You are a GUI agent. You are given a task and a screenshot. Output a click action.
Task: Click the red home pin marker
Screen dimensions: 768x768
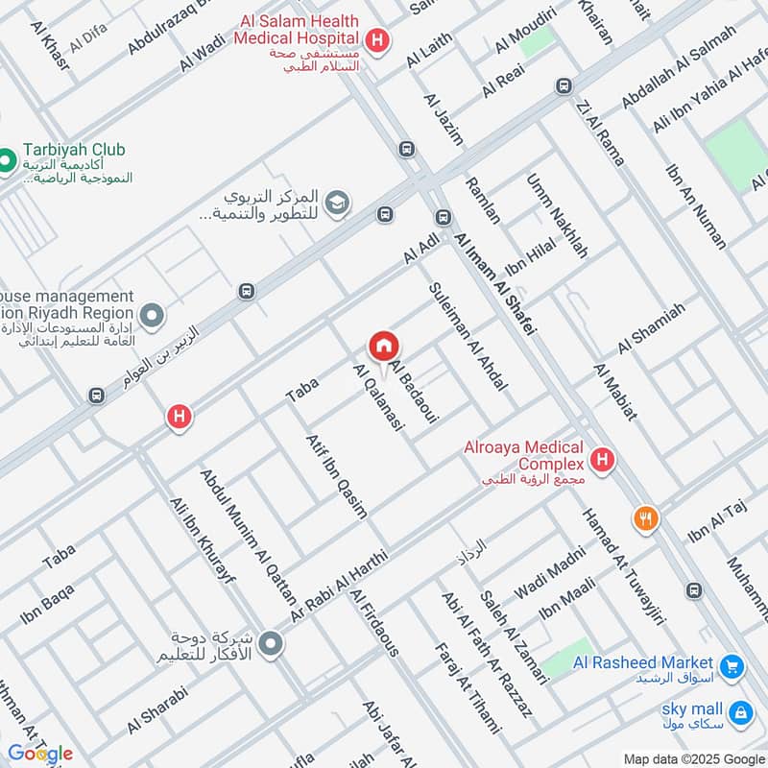(384, 347)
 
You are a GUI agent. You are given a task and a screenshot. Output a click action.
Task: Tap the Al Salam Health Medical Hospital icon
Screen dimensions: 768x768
(379, 41)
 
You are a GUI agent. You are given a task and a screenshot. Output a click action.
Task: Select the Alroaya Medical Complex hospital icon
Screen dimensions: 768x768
(603, 461)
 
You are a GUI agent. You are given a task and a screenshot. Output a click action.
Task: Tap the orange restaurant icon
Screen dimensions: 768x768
(646, 519)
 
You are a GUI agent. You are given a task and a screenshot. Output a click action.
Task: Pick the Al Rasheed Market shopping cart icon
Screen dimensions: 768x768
(732, 664)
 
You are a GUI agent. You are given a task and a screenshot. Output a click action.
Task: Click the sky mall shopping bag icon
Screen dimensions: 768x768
(740, 711)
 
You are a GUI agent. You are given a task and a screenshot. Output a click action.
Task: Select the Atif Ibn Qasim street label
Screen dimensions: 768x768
(336, 475)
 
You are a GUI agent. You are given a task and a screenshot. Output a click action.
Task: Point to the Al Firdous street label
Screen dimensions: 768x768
(374, 623)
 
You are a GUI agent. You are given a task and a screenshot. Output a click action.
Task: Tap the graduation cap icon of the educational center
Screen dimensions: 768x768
(337, 203)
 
